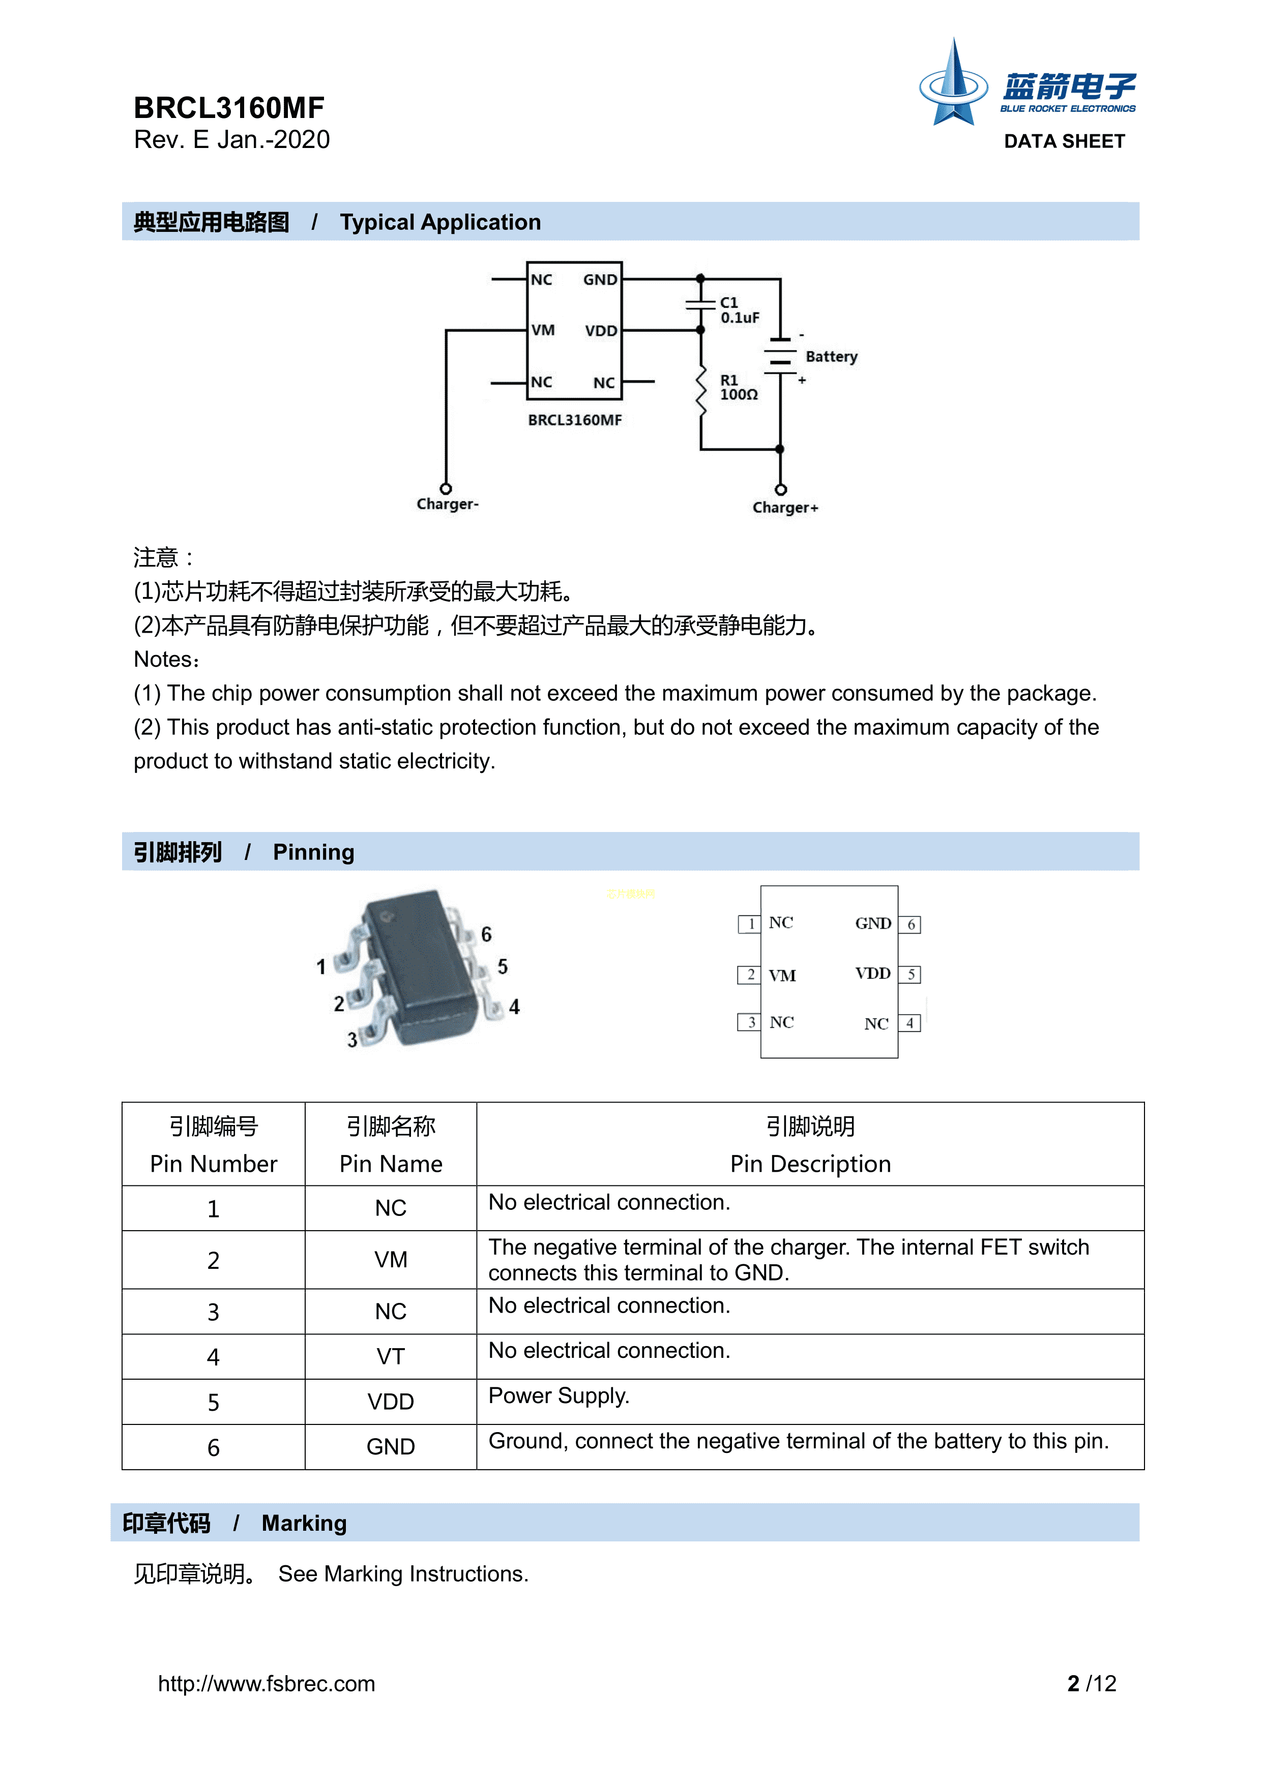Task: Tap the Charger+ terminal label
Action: coord(785,508)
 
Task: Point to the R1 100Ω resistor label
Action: coord(738,388)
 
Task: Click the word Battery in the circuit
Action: coord(831,356)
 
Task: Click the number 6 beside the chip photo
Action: coord(486,934)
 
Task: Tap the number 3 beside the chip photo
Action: coord(352,1039)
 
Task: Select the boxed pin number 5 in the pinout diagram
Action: coord(911,974)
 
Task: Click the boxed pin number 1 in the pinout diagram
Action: coord(750,924)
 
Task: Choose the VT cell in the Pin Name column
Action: coord(390,1357)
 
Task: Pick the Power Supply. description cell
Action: coord(559,1396)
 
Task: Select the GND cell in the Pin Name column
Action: coord(390,1447)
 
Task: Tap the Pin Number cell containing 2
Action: coord(213,1260)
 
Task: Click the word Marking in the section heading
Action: coord(304,1523)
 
